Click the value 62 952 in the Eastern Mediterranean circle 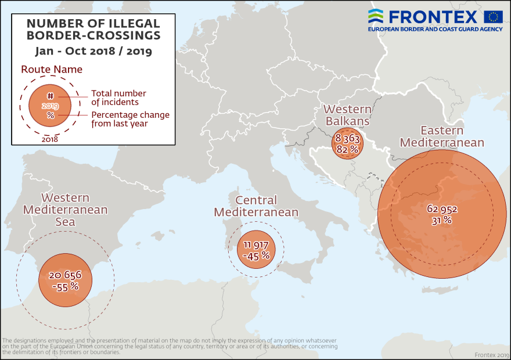point(442,209)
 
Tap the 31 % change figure point(442,220)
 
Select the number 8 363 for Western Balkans point(347,139)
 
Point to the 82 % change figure point(347,149)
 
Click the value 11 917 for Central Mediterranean point(256,244)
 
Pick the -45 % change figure point(256,255)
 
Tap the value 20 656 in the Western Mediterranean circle point(65,275)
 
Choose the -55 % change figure point(65,286)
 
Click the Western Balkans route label point(347,115)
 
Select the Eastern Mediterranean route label point(442,136)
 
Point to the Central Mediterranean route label point(256,206)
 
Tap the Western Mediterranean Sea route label point(65,210)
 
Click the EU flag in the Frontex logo point(493,16)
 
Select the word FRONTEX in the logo point(433,16)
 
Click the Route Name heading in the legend point(52,70)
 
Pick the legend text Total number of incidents point(118,98)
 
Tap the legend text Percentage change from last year point(130,119)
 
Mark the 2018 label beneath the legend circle point(50,139)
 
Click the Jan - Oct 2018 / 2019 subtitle point(93,51)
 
